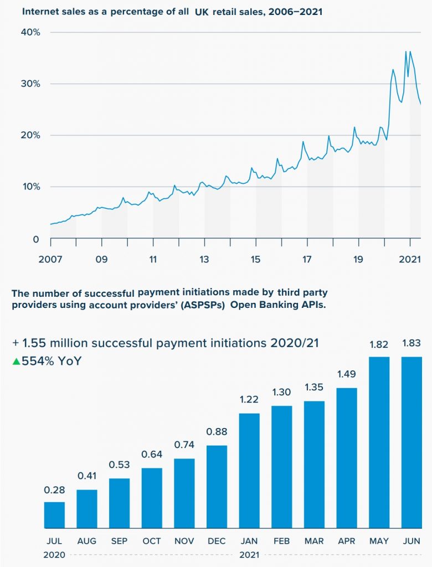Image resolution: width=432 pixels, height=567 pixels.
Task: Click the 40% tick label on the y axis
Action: [30, 33]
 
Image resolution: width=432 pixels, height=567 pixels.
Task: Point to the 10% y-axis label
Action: [30, 187]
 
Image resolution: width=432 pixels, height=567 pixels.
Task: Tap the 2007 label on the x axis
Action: [50, 259]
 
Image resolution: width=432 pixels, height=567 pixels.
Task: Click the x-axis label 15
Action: [255, 259]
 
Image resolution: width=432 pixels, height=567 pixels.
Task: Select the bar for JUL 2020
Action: [54, 515]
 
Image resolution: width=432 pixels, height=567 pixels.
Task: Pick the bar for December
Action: [217, 487]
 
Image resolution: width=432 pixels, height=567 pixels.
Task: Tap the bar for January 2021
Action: [249, 471]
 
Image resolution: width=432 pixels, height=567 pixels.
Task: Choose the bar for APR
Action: [347, 458]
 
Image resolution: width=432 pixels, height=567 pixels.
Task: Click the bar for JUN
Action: [412, 442]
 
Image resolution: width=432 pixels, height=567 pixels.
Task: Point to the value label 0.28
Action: [54, 490]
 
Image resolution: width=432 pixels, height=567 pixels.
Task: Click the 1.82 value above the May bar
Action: [379, 344]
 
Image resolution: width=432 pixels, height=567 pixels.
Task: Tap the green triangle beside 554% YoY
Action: [16, 362]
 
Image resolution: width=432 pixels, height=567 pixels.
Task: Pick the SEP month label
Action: [119, 541]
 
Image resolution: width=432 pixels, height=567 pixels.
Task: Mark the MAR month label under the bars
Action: [314, 541]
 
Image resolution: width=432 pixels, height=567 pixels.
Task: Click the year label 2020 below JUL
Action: [54, 554]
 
